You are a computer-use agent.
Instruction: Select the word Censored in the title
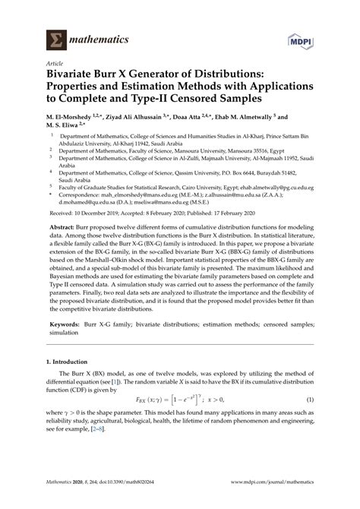(208, 98)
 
